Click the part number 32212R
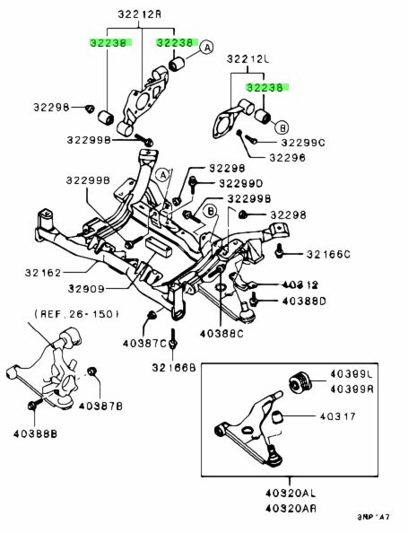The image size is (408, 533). (140, 14)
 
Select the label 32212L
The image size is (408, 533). (248, 59)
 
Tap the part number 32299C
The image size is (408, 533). (303, 143)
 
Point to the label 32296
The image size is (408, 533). (288, 158)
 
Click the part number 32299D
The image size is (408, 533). (240, 184)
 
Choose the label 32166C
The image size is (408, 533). (328, 254)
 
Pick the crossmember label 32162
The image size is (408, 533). (43, 273)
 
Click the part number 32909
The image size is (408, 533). (86, 289)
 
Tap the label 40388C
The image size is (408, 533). (221, 334)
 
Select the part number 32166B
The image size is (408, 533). (174, 368)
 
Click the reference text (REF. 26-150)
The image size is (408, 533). (77, 314)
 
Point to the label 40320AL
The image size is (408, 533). (291, 493)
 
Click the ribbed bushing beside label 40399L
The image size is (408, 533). (300, 381)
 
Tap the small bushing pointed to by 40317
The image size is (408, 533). (278, 416)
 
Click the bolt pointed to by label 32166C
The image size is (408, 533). (280, 251)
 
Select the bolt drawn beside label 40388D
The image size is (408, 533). (253, 299)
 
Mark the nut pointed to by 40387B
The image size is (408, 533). (91, 371)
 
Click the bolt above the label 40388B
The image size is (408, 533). (34, 405)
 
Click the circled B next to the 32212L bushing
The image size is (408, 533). (282, 127)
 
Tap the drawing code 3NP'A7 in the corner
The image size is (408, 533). (373, 517)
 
